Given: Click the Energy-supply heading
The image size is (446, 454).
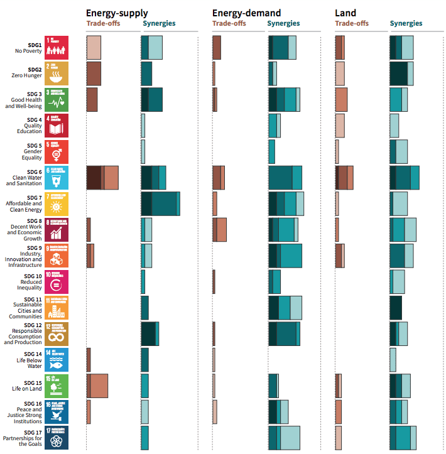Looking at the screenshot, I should pos(117,13).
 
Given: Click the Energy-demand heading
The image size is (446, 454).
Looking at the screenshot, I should pos(246,13).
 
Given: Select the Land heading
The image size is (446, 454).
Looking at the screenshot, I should pos(345,13).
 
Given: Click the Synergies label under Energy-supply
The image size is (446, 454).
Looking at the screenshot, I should pos(159,24).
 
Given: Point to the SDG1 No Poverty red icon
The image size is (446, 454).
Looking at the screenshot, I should pos(57,48).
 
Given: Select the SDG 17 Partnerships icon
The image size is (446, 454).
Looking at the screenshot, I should pos(57,438).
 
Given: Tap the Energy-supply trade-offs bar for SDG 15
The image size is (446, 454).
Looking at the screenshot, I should pos(97,386).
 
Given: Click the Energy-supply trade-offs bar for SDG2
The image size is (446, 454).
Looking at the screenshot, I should pos(94,73).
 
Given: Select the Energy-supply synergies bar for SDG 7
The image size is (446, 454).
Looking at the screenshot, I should pos(160,204).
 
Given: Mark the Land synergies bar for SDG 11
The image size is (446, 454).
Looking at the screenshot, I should pos(396,308).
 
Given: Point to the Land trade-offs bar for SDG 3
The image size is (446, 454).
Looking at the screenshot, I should pos(341,100).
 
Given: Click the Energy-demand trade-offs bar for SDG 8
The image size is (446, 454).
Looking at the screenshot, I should pos(220,230).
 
